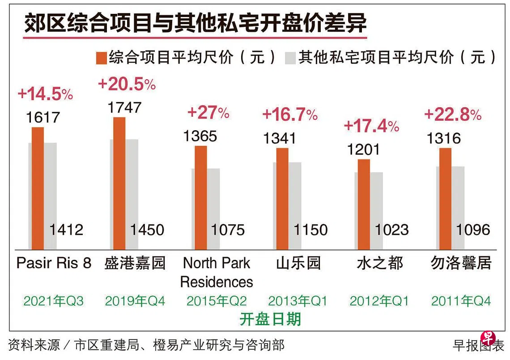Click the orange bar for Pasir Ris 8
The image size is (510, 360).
[38, 188]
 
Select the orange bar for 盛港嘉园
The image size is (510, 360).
[119, 183]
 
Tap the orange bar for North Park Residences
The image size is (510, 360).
[201, 197]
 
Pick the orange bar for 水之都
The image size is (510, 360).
[364, 204]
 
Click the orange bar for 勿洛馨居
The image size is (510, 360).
[446, 199]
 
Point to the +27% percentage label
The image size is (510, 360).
[208, 112]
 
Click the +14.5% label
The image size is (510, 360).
[45, 94]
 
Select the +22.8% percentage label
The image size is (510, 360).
[452, 114]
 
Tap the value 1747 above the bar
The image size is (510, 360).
[124, 107]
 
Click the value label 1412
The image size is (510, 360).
[66, 230]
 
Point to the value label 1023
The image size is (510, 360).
[391, 230]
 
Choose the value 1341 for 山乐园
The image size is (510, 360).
[279, 138]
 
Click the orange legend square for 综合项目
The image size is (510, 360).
[102, 58]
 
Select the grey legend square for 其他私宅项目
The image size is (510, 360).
[290, 58]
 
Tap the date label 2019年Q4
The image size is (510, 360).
[135, 301]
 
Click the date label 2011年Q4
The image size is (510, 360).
[461, 301]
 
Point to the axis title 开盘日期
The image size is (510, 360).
[270, 319]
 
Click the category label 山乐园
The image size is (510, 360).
[298, 263]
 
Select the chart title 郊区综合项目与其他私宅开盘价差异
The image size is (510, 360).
[195, 24]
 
